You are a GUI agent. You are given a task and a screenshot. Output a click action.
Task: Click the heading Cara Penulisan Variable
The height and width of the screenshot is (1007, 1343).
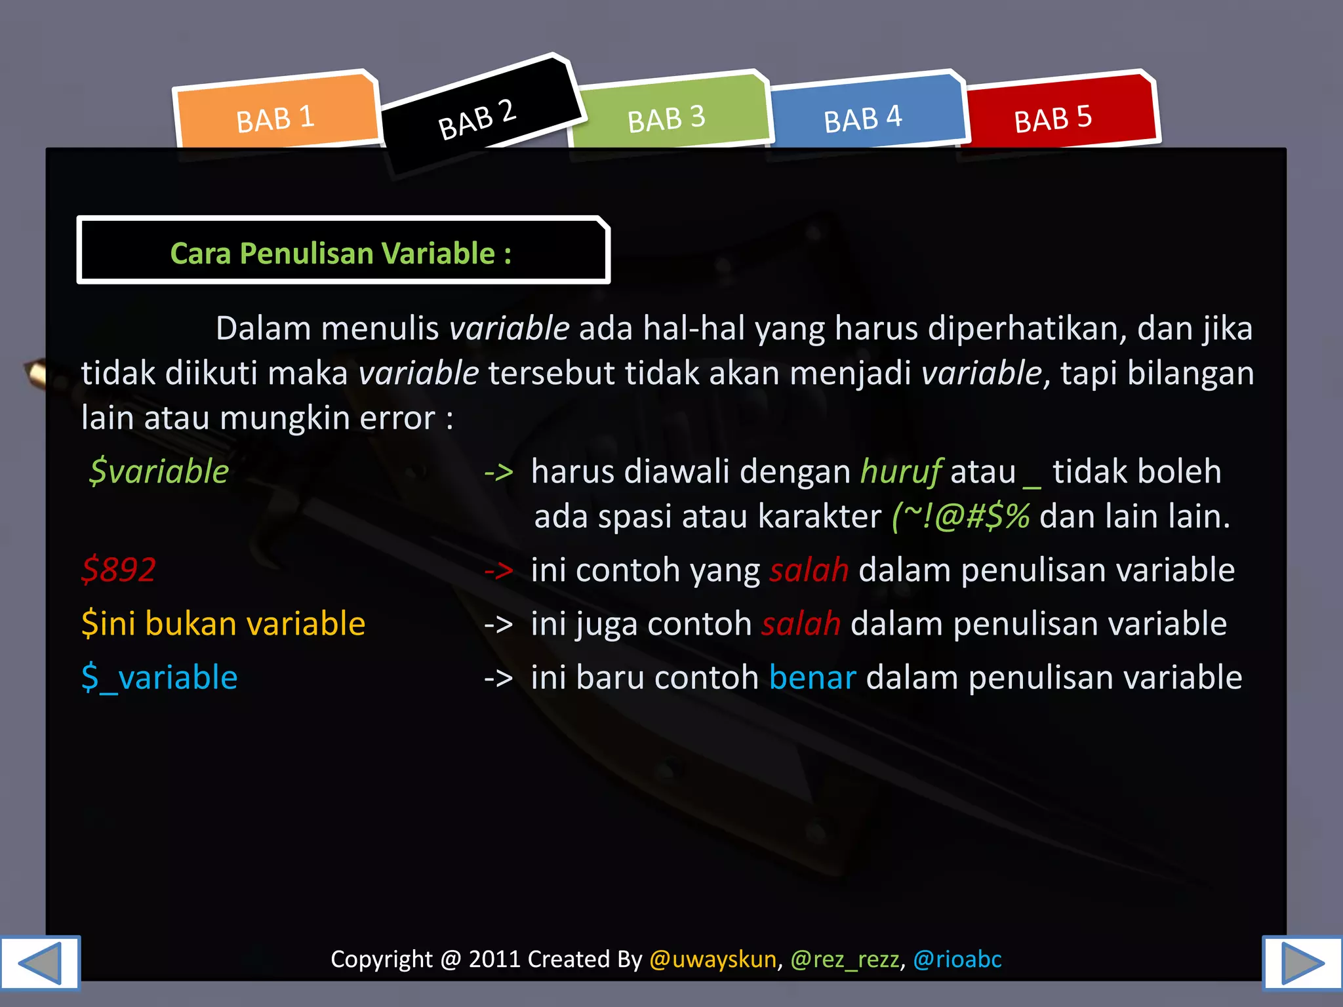[341, 253]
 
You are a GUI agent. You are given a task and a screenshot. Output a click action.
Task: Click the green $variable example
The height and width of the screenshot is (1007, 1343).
[159, 471]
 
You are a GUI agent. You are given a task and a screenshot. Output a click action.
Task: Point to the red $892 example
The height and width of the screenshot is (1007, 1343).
[119, 569]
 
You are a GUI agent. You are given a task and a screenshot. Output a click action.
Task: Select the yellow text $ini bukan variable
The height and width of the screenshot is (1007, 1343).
[223, 623]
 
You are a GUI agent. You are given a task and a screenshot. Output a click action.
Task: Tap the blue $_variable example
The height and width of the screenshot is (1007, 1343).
[159, 677]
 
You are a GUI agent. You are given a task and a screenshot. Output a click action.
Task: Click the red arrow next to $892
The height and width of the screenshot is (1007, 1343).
[498, 570]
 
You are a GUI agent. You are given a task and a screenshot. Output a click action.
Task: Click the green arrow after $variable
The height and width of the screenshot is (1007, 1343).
[498, 473]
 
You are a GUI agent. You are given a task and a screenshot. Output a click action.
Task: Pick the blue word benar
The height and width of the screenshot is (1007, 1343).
[812, 677]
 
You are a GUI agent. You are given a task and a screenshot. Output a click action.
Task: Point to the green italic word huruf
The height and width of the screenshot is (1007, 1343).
[901, 471]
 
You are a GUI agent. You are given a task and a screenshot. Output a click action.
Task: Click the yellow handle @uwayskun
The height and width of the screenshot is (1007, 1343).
[713, 959]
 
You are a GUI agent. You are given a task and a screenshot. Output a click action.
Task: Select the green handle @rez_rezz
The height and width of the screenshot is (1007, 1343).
[845, 959]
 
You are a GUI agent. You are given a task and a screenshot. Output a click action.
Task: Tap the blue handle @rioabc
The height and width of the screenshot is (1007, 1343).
[957, 959]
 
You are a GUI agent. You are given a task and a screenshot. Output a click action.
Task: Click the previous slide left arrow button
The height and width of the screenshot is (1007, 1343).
[40, 962]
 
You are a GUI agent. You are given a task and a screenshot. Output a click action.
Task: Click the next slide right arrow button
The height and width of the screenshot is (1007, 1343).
[1302, 962]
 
